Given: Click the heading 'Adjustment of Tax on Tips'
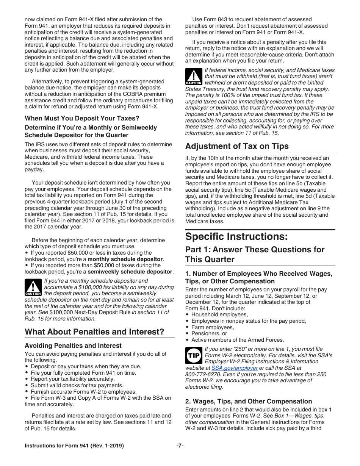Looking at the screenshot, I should [237, 146].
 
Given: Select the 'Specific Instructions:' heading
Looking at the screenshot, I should [236, 236].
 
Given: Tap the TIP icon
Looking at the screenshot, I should [194, 356].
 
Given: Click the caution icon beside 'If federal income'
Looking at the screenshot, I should [193, 77].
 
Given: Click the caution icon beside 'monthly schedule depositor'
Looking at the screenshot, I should [33, 288].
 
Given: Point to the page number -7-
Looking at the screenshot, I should [180, 446].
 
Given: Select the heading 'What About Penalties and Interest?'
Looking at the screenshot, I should [94, 332].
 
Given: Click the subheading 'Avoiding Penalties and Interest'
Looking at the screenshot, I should [73, 346].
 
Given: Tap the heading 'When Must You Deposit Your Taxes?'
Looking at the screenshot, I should [82, 118].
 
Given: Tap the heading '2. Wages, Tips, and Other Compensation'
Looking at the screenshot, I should [249, 401].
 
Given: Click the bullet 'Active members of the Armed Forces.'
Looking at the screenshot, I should [237, 340].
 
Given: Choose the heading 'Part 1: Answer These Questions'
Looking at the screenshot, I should [255, 254].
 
